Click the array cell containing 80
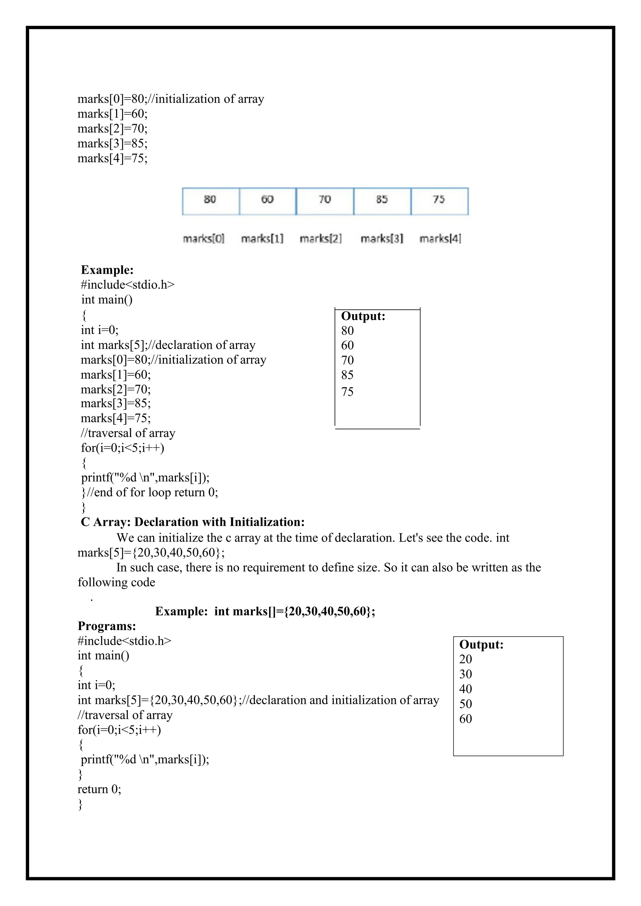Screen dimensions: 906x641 click(210, 201)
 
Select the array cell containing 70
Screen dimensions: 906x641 click(325, 201)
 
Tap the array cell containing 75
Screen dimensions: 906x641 click(439, 201)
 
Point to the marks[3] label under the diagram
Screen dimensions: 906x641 click(382, 239)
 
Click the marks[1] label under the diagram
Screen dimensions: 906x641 click(262, 239)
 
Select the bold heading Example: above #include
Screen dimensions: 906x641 click(107, 270)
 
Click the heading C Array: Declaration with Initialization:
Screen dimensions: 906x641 click(192, 522)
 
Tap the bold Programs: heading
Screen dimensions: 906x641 click(106, 626)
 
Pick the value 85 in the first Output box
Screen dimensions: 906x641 click(347, 375)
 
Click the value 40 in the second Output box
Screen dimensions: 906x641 click(465, 689)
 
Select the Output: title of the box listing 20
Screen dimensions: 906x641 click(481, 644)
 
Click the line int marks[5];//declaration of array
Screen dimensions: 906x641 click(168, 345)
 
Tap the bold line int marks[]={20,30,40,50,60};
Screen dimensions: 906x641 click(295, 611)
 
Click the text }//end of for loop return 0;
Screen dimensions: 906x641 click(149, 492)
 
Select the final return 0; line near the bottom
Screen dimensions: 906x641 click(99, 789)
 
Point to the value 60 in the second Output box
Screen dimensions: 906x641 click(465, 719)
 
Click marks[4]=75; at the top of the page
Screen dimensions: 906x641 click(112, 158)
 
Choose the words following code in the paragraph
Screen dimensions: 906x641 click(116, 583)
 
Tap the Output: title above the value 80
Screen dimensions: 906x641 click(363, 316)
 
